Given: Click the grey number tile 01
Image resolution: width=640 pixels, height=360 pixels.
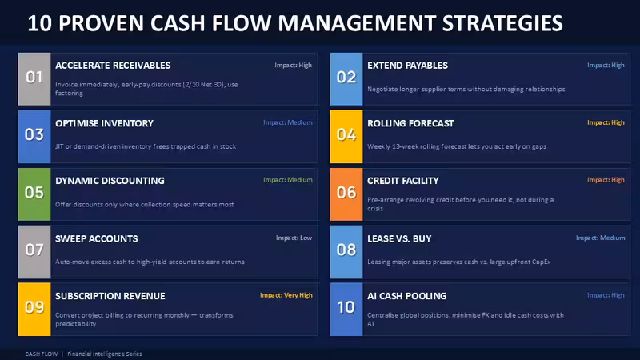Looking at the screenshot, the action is tap(34, 78).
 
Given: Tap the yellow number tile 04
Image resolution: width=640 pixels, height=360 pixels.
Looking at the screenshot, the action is tap(346, 136).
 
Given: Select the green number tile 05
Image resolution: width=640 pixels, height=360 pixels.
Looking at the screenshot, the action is tap(34, 194).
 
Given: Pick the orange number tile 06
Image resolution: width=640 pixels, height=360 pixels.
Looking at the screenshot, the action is tap(346, 194).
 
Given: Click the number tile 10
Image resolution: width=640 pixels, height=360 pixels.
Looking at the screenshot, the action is tap(346, 310).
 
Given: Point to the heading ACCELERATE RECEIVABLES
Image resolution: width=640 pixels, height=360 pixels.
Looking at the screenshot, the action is tap(113, 66).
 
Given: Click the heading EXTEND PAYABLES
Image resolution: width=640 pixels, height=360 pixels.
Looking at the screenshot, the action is tap(407, 66).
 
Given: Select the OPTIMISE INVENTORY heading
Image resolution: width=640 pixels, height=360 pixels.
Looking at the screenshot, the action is tap(105, 123).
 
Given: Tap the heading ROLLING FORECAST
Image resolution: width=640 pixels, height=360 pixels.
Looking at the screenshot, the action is tap(410, 123).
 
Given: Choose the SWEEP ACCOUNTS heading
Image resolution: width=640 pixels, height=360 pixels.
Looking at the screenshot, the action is tap(97, 238).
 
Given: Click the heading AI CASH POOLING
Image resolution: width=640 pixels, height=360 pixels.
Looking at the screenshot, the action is tap(407, 296).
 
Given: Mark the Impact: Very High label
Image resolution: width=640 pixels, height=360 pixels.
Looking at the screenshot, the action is tap(286, 295).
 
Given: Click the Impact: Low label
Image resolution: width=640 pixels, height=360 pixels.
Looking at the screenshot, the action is tap(294, 238).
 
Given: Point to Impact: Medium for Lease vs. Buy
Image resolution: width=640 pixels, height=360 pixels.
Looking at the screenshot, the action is tap(601, 238).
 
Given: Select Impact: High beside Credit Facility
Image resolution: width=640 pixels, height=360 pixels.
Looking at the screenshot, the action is tap(606, 179).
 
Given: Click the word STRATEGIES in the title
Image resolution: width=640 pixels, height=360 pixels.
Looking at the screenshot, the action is tap(502, 23).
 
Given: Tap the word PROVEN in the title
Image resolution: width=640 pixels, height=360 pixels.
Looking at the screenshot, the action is tap(102, 23).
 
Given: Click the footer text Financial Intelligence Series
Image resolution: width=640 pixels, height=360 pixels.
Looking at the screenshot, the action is tap(105, 354).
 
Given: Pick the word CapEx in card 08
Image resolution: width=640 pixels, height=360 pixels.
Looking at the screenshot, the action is tap(542, 262).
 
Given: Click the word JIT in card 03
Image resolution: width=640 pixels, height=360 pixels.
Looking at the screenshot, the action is tap(59, 146).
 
